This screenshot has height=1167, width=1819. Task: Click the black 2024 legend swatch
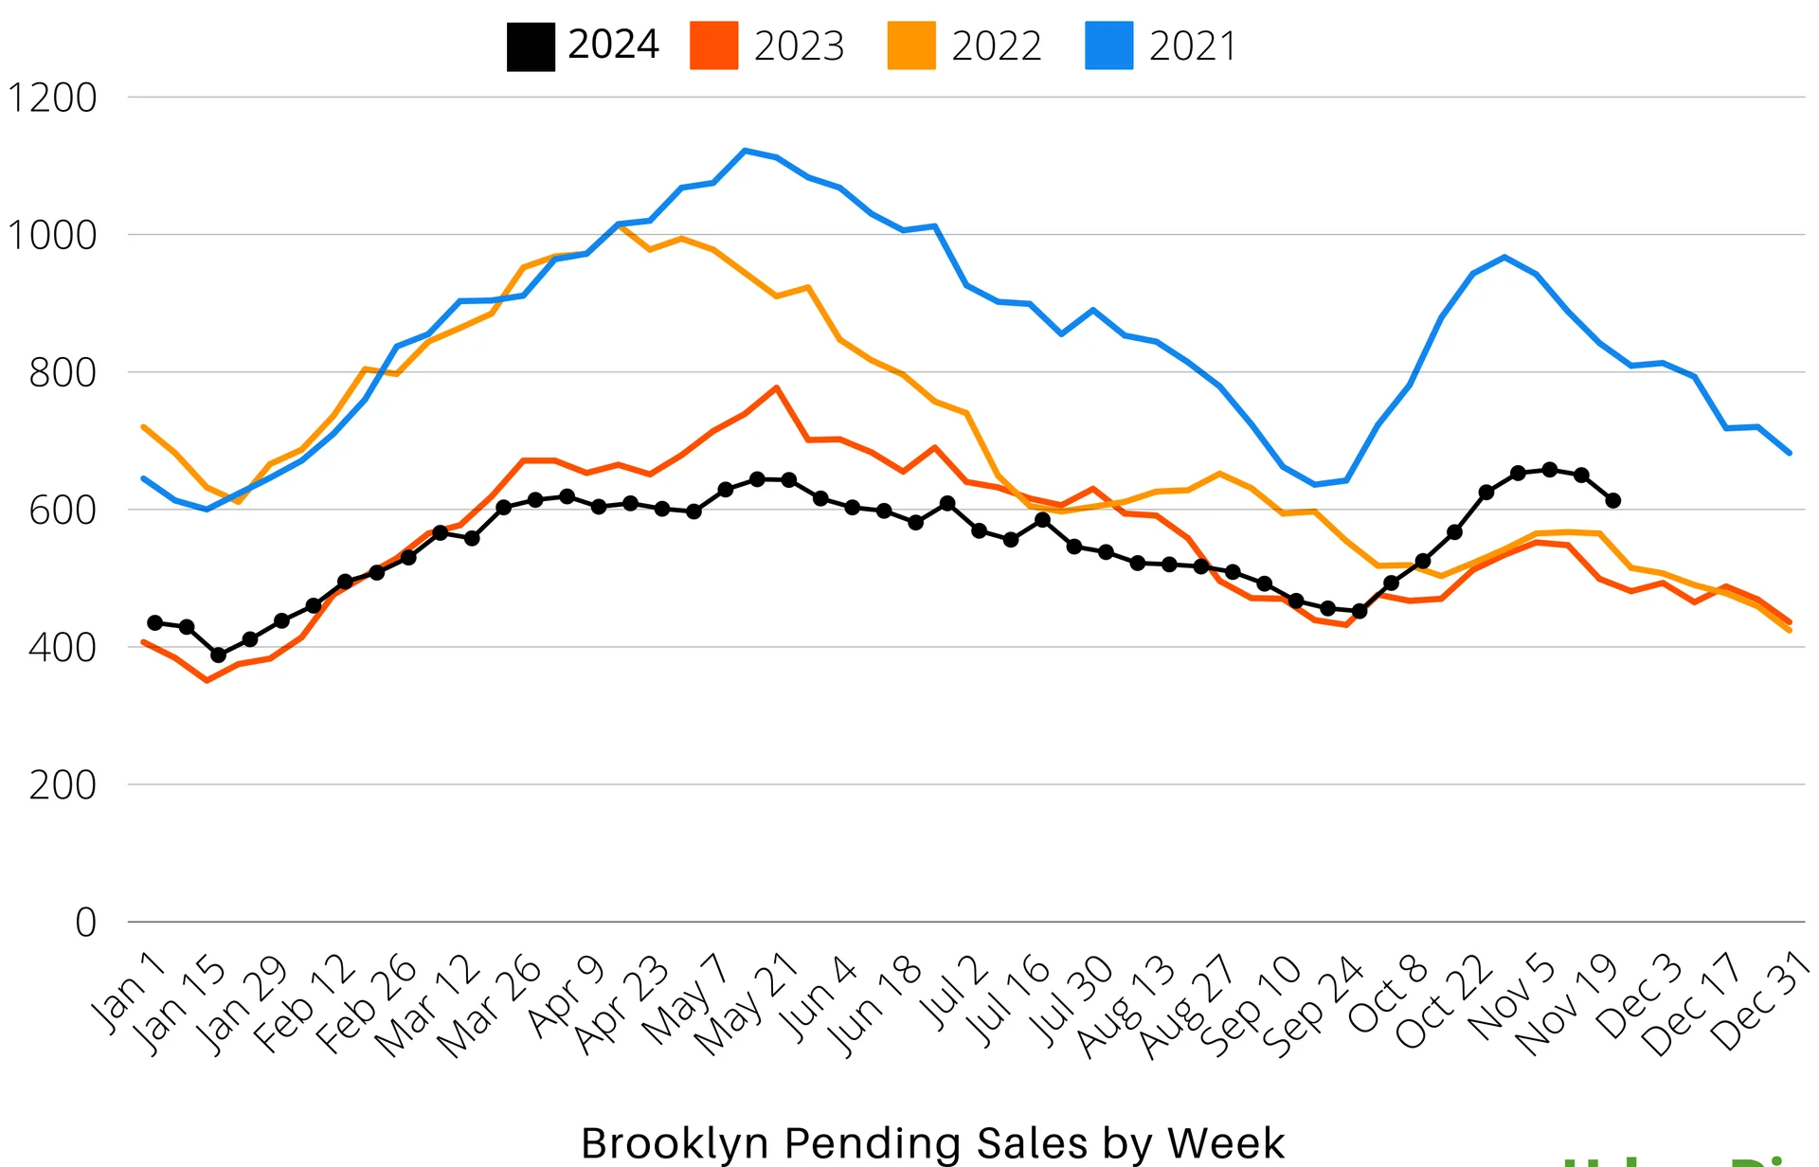coord(531,46)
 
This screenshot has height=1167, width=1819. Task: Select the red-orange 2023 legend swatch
coord(713,46)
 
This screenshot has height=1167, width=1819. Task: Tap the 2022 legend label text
coord(996,46)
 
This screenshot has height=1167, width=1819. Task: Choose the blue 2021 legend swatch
coord(1108,46)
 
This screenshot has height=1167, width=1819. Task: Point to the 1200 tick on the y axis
coord(52,99)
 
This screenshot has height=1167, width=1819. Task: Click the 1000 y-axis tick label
coord(52,236)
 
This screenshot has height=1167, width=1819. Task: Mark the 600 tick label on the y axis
coord(63,511)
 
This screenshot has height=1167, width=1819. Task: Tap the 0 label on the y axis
coord(85,923)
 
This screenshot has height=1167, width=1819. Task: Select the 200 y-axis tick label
coord(63,785)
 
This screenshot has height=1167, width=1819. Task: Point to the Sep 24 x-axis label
coord(1313,1007)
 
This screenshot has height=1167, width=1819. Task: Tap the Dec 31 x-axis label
coord(1760,1002)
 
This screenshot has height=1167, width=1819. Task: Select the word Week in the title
coord(1226,1143)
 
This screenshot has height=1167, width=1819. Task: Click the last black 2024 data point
coord(1613,500)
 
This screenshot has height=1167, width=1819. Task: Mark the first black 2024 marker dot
coord(155,622)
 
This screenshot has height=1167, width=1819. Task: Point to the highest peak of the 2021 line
coord(746,151)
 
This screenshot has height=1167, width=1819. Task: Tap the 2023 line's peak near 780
coord(777,387)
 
